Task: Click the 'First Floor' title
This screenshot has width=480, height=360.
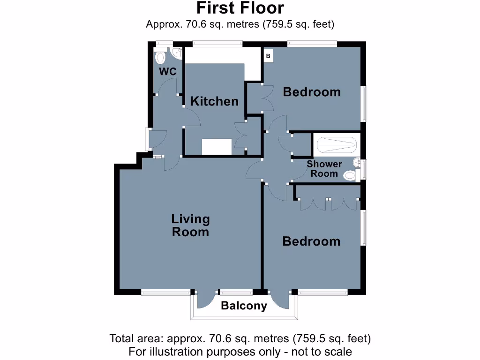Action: [x=240, y=8]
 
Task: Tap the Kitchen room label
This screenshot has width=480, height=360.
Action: [x=214, y=101]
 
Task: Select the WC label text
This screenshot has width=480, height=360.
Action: [x=167, y=72]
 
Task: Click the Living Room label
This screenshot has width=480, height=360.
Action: [x=190, y=225]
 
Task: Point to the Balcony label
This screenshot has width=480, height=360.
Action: [x=244, y=306]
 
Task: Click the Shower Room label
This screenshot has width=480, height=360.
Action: [x=324, y=169]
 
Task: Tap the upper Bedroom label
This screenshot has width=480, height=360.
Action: [x=312, y=92]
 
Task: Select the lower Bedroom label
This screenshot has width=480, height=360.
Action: [x=311, y=241]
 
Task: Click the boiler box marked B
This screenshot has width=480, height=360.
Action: [x=268, y=56]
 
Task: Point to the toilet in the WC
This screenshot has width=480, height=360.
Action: [x=160, y=57]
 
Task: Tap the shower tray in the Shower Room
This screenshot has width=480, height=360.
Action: [x=335, y=145]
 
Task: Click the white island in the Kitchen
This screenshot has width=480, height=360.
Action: [x=217, y=147]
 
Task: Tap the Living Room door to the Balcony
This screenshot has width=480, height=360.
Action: [x=206, y=300]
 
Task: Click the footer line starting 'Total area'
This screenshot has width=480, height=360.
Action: [x=240, y=338]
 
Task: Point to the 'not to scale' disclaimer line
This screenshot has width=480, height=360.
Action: [x=240, y=351]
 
